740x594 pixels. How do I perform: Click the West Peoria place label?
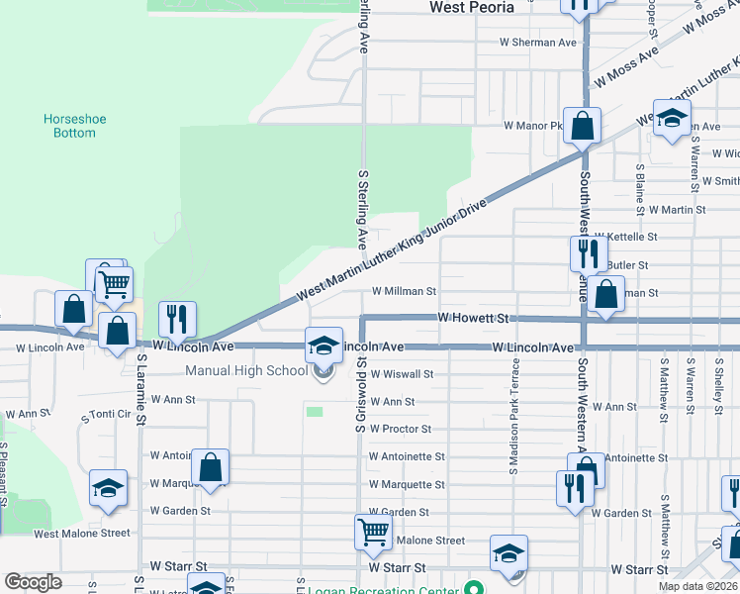point(472,7)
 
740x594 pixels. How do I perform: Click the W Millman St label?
point(404,292)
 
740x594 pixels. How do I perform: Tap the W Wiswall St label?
point(402,374)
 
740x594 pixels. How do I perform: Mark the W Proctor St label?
point(400,430)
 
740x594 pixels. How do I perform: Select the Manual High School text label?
point(246,371)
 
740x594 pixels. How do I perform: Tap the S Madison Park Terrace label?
point(514,416)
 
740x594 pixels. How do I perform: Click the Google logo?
point(33,582)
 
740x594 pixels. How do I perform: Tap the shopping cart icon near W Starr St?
point(373,532)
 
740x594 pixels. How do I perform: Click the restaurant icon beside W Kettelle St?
point(589,253)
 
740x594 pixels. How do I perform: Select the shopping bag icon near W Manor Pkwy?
point(583,126)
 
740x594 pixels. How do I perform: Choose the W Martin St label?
point(678,210)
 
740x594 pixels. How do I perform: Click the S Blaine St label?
point(640,182)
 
